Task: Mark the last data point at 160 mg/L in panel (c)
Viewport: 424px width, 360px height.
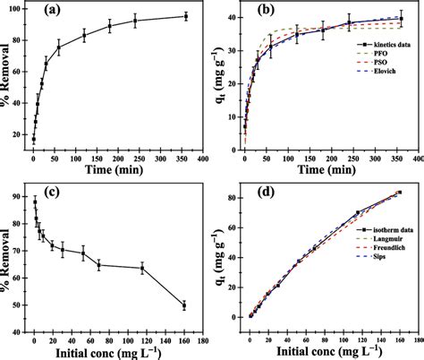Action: point(184,305)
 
